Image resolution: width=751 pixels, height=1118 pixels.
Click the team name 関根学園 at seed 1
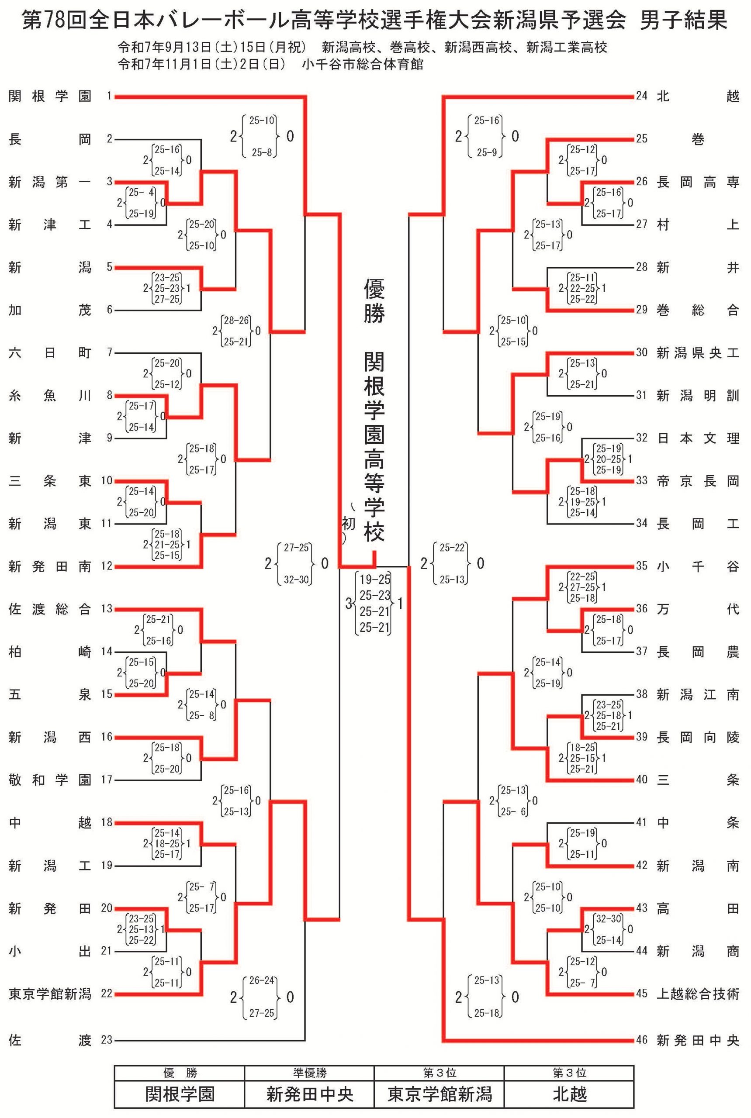pyautogui.click(x=50, y=96)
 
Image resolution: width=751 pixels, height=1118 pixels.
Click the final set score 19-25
pyautogui.click(x=375, y=580)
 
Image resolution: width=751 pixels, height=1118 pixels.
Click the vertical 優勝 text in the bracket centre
pyautogui.click(x=374, y=302)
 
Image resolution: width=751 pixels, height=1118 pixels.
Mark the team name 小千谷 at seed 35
pyautogui.click(x=698, y=566)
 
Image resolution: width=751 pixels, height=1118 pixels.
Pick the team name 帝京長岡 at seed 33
pyautogui.click(x=698, y=481)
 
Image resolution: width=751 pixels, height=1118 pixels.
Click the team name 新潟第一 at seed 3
pyautogui.click(x=50, y=182)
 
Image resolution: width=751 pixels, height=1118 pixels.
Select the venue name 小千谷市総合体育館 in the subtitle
pyautogui.click(x=363, y=64)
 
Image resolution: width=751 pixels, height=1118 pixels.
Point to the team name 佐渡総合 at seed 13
pyautogui.click(x=50, y=609)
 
